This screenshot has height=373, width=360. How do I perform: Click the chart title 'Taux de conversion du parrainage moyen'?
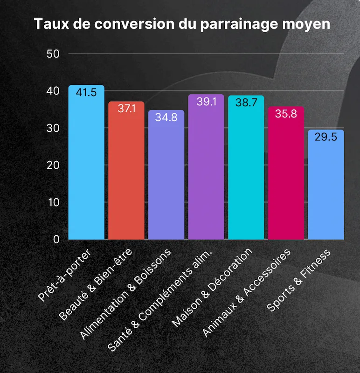pyautogui.click(x=182, y=24)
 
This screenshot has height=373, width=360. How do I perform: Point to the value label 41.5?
pyautogui.click(x=86, y=92)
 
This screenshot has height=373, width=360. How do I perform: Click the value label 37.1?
pyautogui.click(x=126, y=109)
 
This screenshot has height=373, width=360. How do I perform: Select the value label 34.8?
pyautogui.click(x=166, y=117)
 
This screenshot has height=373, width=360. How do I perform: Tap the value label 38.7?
pyautogui.click(x=246, y=103)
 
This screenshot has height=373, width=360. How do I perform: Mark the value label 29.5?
pyautogui.click(x=326, y=138)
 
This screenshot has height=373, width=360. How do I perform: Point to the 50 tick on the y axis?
pyautogui.click(x=54, y=54)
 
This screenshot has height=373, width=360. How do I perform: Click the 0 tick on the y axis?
pyautogui.click(x=56, y=240)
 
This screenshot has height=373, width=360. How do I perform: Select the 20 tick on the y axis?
pyautogui.click(x=54, y=165)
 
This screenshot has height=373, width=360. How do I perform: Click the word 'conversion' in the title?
pyautogui.click(x=133, y=24)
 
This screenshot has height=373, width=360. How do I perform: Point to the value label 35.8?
pyautogui.click(x=286, y=114)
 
